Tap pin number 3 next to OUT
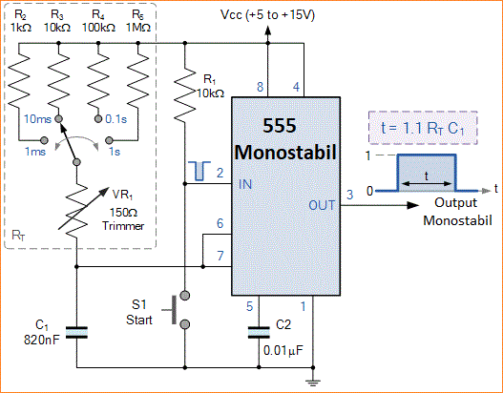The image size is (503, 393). pyautogui.click(x=349, y=195)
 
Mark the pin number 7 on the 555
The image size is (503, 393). pyautogui.click(x=220, y=256)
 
